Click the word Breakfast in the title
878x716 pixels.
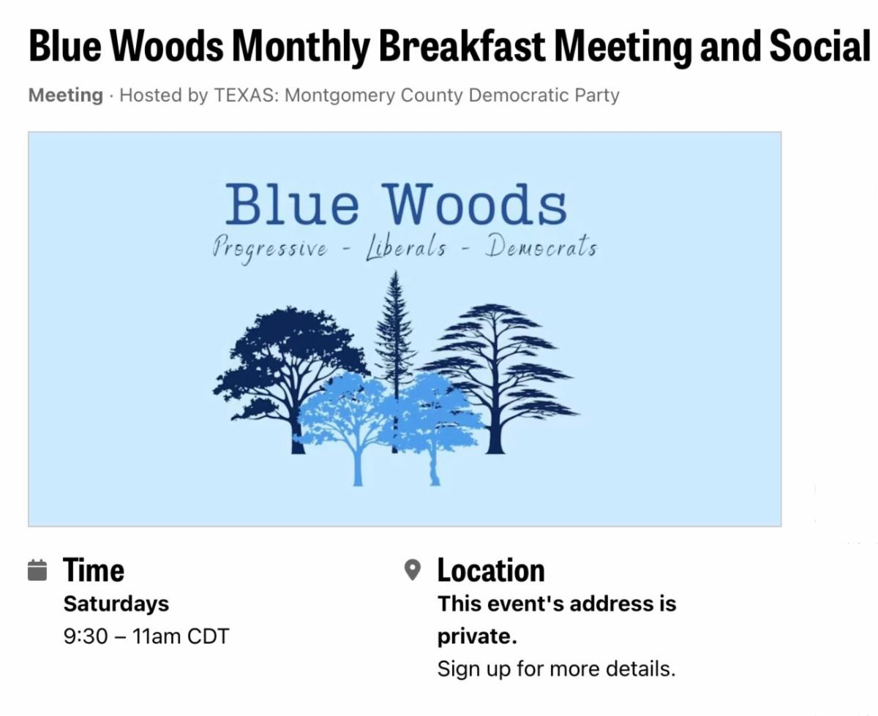[x=462, y=46]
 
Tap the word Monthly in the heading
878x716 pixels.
[x=301, y=47]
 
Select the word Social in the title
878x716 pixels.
[x=820, y=46]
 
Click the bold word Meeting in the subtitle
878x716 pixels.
[x=65, y=95]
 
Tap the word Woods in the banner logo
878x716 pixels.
[x=476, y=205]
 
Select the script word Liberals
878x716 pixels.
[x=406, y=247]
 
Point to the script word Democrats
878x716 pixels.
[x=541, y=246]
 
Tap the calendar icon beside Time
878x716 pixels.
[x=37, y=570]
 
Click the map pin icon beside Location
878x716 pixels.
[x=413, y=570]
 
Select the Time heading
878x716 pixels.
[x=93, y=570]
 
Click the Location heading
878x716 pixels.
[x=491, y=570]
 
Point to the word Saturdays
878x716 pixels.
[x=116, y=604]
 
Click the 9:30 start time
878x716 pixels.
[x=86, y=636]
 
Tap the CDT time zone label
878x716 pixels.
[x=208, y=636]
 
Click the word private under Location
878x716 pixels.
[x=477, y=637]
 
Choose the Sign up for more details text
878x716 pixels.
[x=556, y=669]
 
